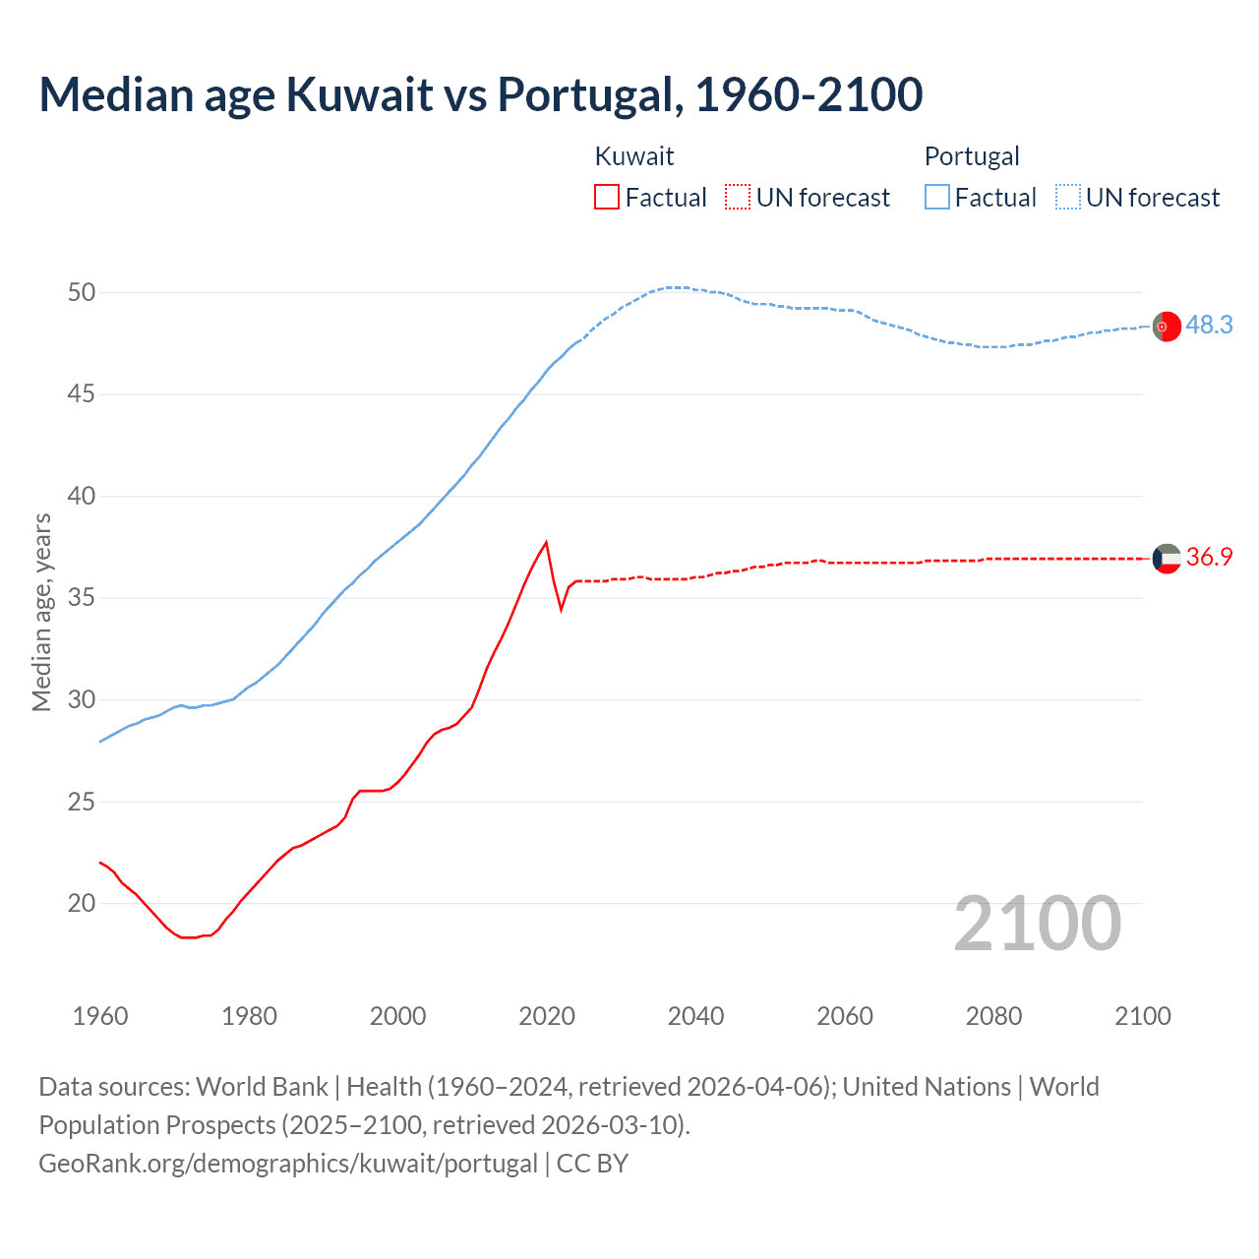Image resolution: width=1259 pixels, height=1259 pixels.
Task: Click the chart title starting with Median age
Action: click(x=480, y=94)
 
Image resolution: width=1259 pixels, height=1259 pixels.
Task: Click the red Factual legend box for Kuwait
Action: click(x=607, y=198)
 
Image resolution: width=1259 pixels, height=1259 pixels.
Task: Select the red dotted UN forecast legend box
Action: click(x=738, y=198)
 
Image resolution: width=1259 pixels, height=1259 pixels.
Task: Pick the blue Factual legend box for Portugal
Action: click(x=937, y=198)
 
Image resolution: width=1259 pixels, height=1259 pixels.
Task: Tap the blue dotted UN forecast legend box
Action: click(x=1068, y=198)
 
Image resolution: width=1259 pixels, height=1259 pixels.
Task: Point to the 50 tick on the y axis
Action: click(x=82, y=292)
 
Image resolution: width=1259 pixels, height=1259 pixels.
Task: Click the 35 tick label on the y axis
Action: click(x=82, y=598)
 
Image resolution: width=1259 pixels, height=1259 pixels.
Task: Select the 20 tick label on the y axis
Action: click(x=82, y=903)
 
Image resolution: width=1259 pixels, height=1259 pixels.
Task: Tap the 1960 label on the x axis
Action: click(x=100, y=1016)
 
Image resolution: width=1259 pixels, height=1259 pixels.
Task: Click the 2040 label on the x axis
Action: click(x=695, y=1016)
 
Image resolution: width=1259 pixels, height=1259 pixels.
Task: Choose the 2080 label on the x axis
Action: click(x=993, y=1016)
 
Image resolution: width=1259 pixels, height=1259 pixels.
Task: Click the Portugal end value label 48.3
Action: click(x=1209, y=326)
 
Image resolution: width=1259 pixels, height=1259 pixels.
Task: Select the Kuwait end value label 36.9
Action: click(x=1209, y=558)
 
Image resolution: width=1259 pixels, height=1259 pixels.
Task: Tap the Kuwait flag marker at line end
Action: click(x=1167, y=559)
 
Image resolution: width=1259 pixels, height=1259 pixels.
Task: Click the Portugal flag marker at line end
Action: click(x=1167, y=326)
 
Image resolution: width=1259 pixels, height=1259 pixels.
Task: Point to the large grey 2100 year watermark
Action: click(x=1038, y=924)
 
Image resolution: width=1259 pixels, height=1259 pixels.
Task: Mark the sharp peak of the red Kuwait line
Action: click(x=546, y=542)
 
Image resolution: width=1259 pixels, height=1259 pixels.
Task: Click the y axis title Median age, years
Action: click(x=41, y=612)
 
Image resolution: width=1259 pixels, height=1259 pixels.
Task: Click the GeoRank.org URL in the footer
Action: click(x=288, y=1164)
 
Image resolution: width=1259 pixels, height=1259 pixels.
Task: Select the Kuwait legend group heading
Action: click(x=634, y=156)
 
